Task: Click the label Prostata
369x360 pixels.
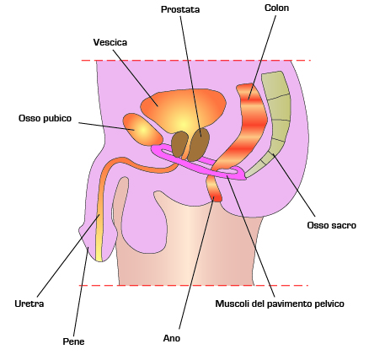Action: [x=180, y=9]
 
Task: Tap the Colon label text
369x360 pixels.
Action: [x=276, y=8]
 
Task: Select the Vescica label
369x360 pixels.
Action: [x=110, y=42]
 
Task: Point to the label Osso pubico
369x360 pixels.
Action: [x=45, y=118]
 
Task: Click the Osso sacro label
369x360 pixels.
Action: [x=331, y=225]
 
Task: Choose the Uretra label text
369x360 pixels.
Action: [x=29, y=304]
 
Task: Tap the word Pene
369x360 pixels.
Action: [x=73, y=341]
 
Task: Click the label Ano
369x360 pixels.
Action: [x=172, y=338]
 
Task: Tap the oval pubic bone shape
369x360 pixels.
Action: [x=142, y=130]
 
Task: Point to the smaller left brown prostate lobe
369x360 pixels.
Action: [x=179, y=144]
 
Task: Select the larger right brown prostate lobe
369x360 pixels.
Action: [x=199, y=145]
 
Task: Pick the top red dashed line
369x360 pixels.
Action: [x=195, y=61]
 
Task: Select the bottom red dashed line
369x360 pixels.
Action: [x=194, y=286]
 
